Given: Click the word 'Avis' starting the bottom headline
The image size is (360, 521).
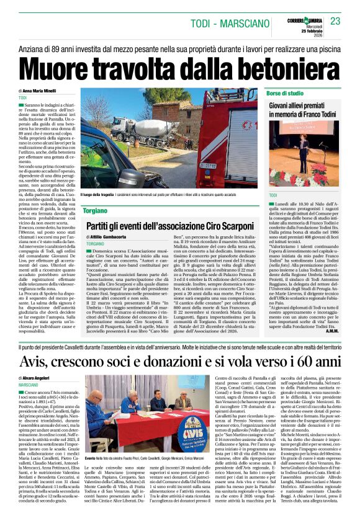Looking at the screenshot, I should [x=34, y=360].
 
